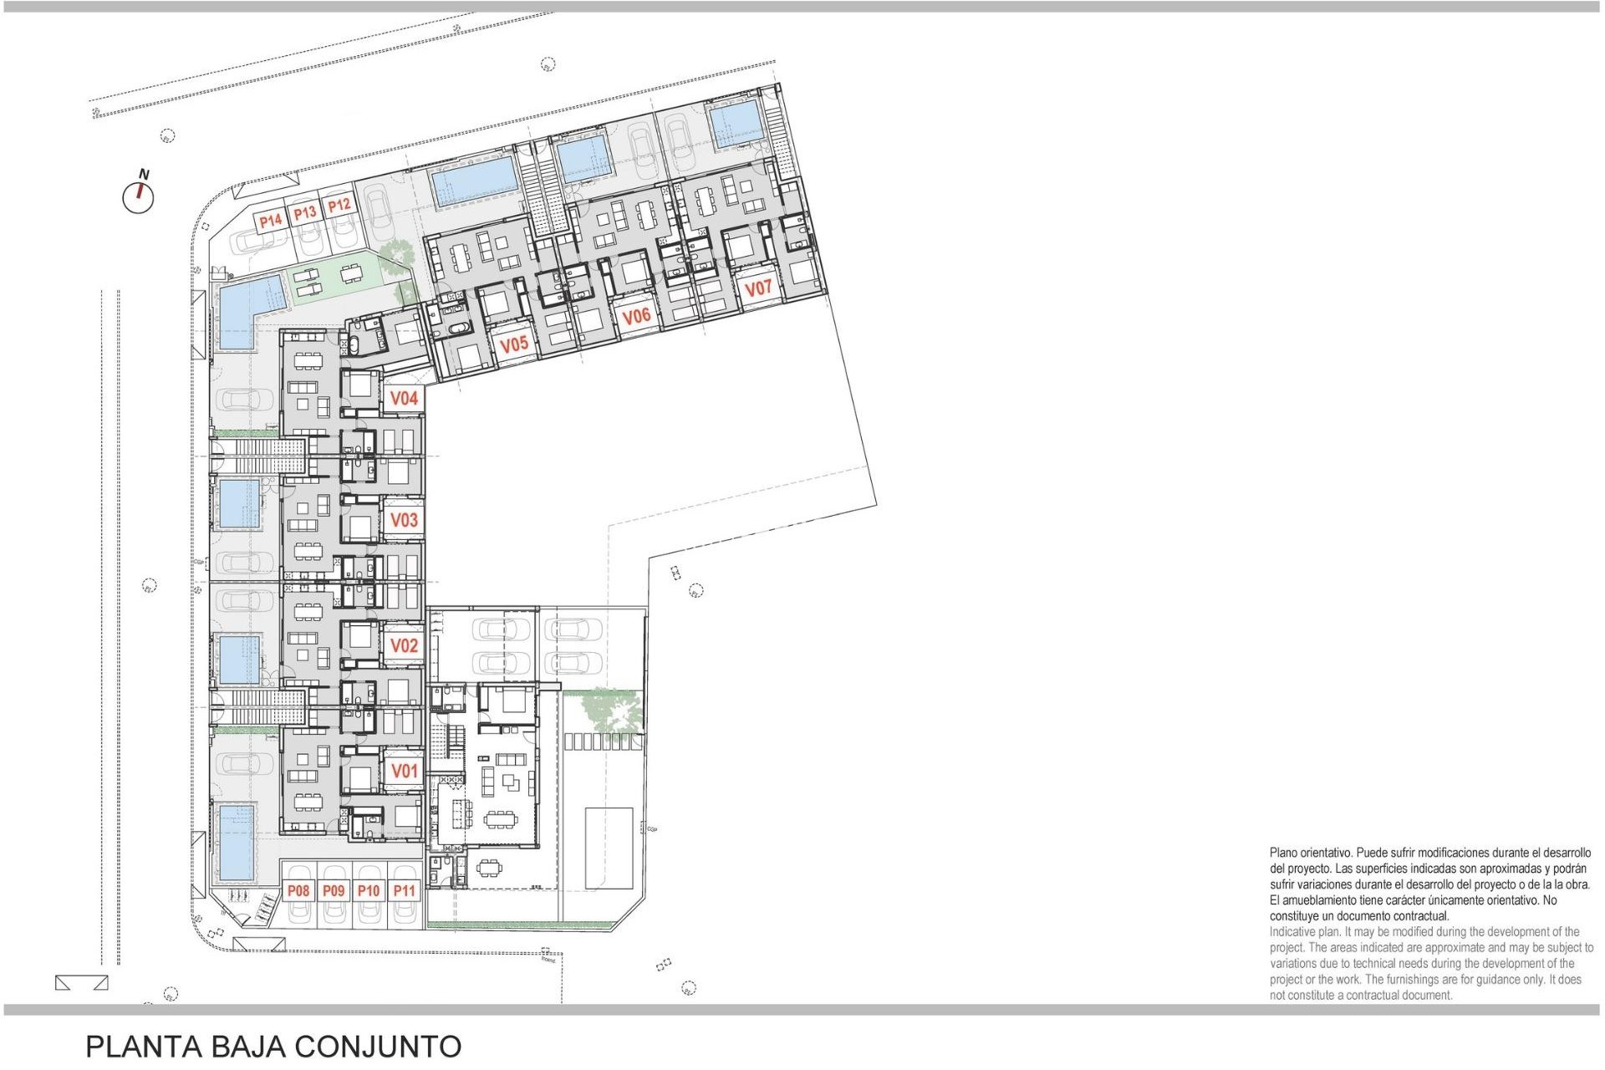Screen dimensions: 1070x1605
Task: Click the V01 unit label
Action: [404, 771]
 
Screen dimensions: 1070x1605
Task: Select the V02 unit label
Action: [404, 645]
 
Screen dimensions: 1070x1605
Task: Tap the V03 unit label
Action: [404, 520]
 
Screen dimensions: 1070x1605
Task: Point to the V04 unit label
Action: [404, 399]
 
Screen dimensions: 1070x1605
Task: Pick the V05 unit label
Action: [514, 344]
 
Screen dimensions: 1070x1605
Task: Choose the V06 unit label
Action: [636, 316]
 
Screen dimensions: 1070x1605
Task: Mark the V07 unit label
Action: [758, 288]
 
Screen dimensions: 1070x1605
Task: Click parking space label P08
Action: [298, 891]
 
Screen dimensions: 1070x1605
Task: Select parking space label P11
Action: [404, 891]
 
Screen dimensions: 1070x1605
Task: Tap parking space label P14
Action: [270, 221]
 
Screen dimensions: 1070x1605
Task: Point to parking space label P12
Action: [339, 205]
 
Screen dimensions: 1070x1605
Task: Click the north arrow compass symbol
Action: [139, 196]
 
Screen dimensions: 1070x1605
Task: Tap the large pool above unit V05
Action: [473, 181]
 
